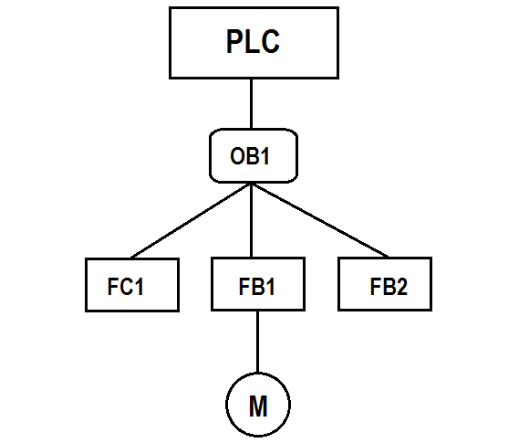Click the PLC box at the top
tap(254, 43)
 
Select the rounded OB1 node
tap(254, 156)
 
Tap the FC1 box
tap(132, 285)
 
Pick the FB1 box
tap(258, 284)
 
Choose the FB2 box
tap(385, 284)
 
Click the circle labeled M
tap(258, 405)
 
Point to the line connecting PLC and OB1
tap(252, 104)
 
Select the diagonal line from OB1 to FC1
tap(191, 221)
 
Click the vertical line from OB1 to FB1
tap(252, 220)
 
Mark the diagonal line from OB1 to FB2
tap(320, 220)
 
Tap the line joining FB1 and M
tap(258, 342)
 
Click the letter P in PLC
tap(234, 41)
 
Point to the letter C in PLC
tap(270, 41)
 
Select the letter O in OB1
tap(238, 156)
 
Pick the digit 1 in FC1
tap(139, 287)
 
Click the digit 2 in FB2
tap(401, 287)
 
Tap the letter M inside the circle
tap(258, 406)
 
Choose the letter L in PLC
tap(252, 41)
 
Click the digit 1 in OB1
tap(264, 156)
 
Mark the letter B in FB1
tap(256, 287)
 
